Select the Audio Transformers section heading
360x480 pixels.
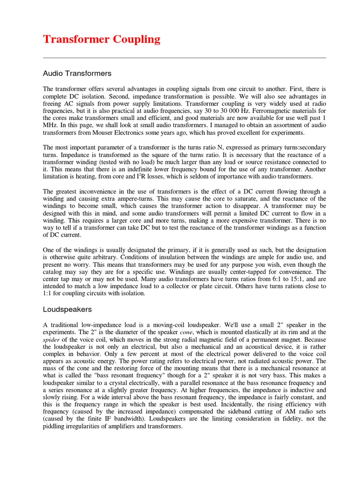(77, 73)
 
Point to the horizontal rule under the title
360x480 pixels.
(184, 58)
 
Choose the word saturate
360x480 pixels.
(233, 199)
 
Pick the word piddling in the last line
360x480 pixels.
(55, 426)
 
